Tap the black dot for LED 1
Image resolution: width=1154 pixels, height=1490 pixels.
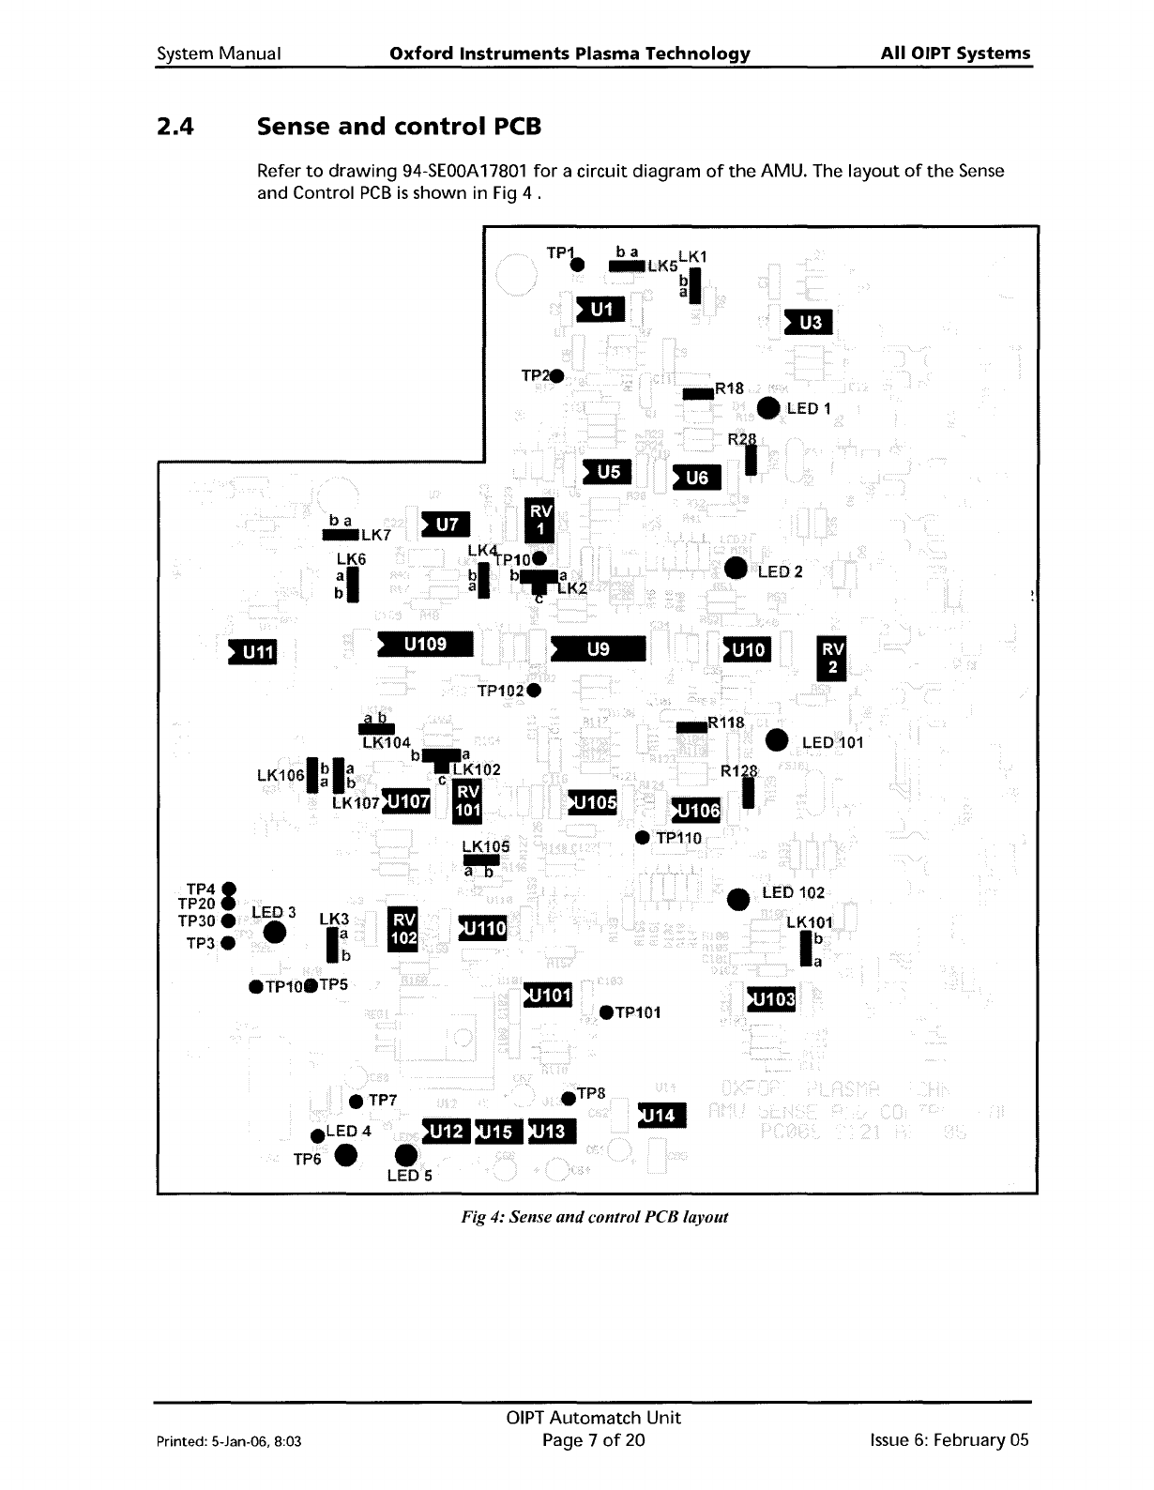(x=767, y=407)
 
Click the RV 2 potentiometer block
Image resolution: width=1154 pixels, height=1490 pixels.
(x=832, y=657)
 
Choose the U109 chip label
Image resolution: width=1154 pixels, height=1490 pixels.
(x=424, y=645)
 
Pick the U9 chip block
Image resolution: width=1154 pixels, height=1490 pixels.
(x=599, y=648)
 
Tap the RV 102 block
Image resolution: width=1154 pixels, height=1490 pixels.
(x=403, y=929)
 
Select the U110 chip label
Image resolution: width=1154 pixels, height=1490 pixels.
(x=482, y=928)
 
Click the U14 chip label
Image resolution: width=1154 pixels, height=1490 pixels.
(x=661, y=1115)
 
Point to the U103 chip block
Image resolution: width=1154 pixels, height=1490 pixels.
(x=770, y=1000)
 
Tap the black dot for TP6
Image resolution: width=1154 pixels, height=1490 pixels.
(x=345, y=1155)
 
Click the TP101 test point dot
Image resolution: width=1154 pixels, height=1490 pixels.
(x=606, y=1011)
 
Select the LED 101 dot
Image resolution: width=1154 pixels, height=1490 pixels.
(x=777, y=739)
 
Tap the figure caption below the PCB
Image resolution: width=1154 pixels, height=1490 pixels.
(x=594, y=1217)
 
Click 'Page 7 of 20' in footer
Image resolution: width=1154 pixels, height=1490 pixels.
(x=593, y=1440)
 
